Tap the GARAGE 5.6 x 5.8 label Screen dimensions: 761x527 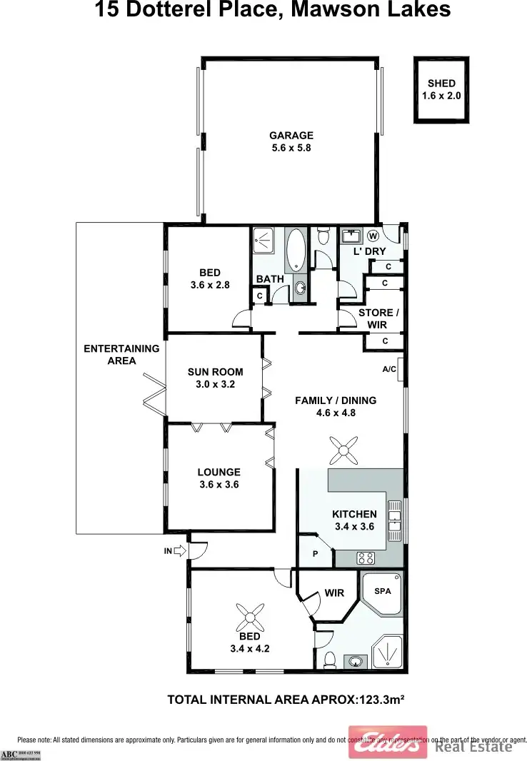291,141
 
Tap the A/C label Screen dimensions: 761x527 390,369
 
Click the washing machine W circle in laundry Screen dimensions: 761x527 373,235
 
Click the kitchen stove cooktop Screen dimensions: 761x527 366,558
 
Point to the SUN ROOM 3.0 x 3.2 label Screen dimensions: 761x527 215,378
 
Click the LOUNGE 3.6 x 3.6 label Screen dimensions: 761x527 219,478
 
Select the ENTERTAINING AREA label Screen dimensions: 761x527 121,355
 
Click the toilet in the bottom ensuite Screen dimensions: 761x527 330,659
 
